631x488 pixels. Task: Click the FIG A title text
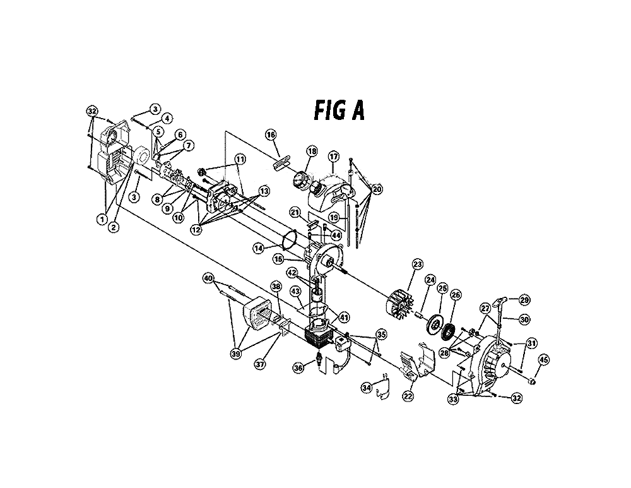339,110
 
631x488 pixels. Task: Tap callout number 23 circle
417,264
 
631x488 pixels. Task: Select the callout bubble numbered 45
543,360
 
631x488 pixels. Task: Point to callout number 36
298,368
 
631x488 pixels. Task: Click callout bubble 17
334,156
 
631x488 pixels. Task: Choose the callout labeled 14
258,249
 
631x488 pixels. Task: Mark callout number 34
367,388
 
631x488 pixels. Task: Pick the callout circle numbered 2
114,227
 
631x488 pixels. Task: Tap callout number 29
525,300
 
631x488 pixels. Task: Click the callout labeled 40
208,278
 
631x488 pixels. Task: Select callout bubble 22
408,396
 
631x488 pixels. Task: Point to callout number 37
261,364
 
